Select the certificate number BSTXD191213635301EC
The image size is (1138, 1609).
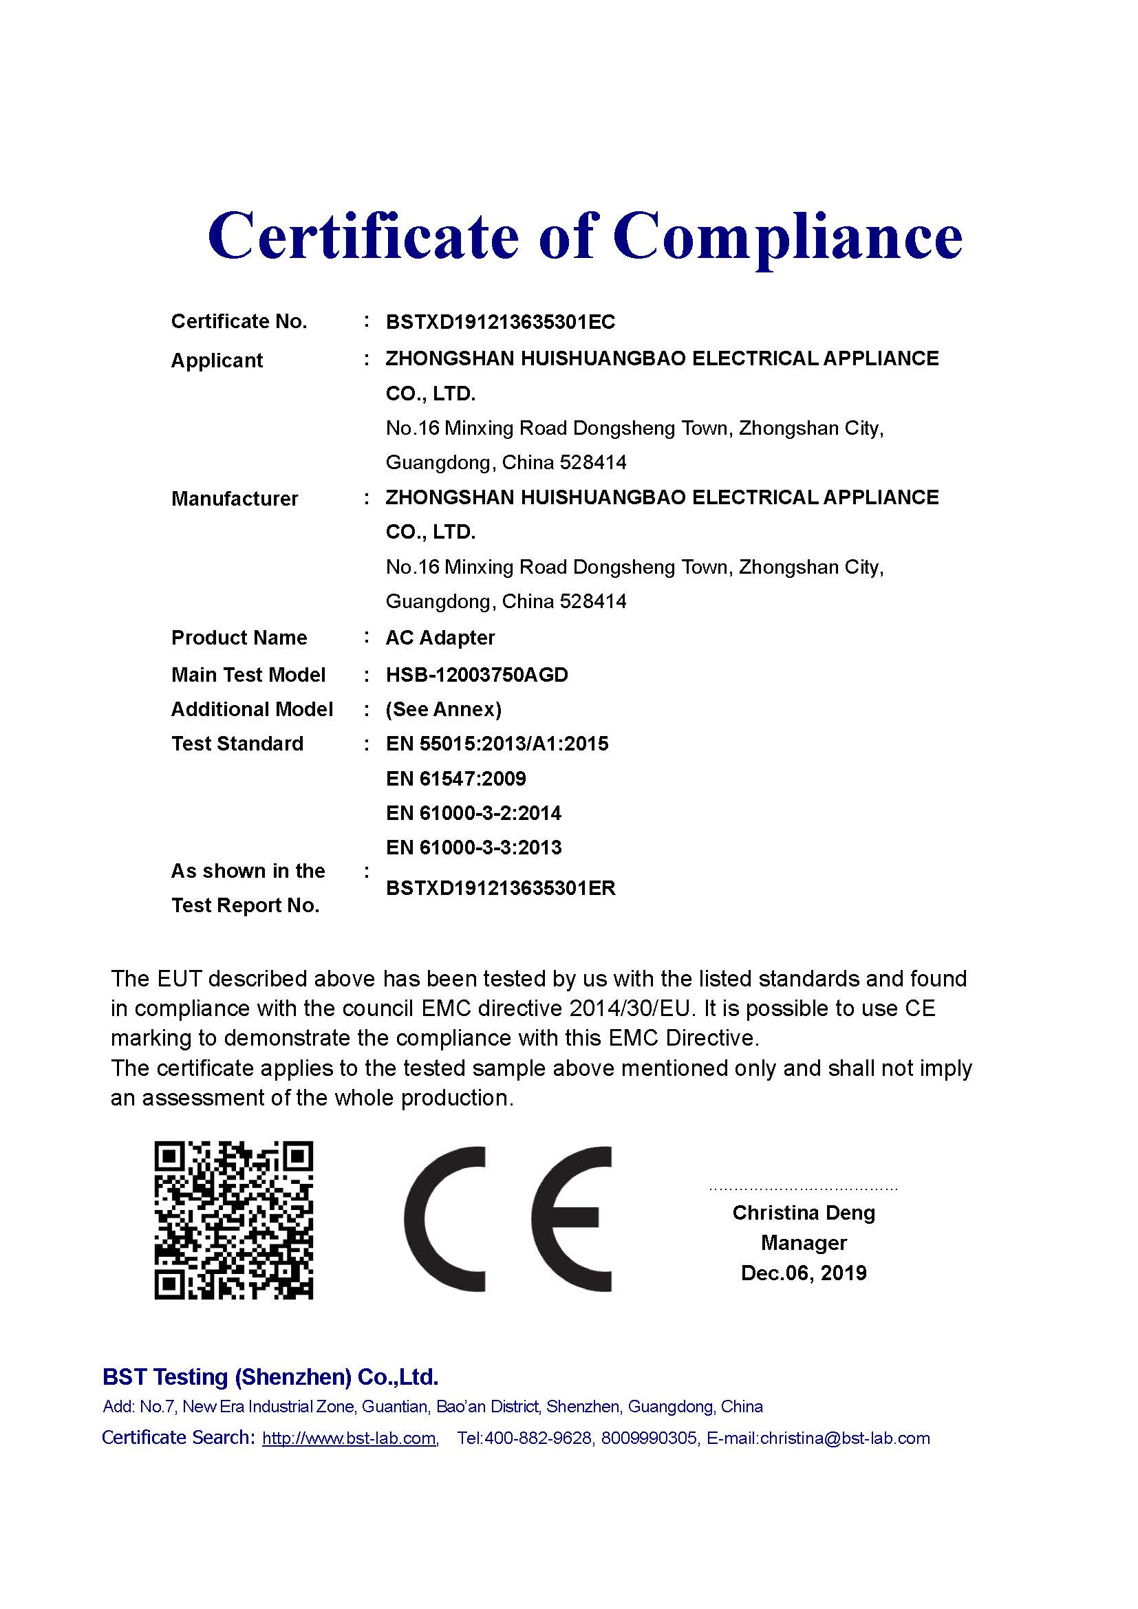pyautogui.click(x=500, y=323)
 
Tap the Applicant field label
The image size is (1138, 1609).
pyautogui.click(x=217, y=360)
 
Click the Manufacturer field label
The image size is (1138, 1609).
pyautogui.click(x=234, y=499)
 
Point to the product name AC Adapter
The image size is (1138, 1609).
pyautogui.click(x=440, y=638)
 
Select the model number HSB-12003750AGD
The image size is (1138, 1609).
pyautogui.click(x=477, y=675)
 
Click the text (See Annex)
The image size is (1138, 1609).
pyautogui.click(x=444, y=709)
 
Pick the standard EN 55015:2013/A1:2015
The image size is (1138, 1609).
pyautogui.click(x=497, y=744)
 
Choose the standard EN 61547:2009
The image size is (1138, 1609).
pyautogui.click(x=455, y=779)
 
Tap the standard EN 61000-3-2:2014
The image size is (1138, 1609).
pyautogui.click(x=473, y=813)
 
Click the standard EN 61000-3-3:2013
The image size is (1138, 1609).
pyautogui.click(x=473, y=847)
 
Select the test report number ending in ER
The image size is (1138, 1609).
pyautogui.click(x=500, y=888)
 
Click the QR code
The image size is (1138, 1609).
pyautogui.click(x=233, y=1220)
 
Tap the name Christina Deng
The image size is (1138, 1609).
pyautogui.click(x=803, y=1212)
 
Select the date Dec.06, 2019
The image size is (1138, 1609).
pyautogui.click(x=803, y=1273)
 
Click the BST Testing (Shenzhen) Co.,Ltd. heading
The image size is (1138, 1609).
pyautogui.click(x=270, y=1377)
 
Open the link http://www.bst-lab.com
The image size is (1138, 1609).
pyautogui.click(x=349, y=1438)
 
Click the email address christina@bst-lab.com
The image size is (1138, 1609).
pyautogui.click(x=844, y=1438)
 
